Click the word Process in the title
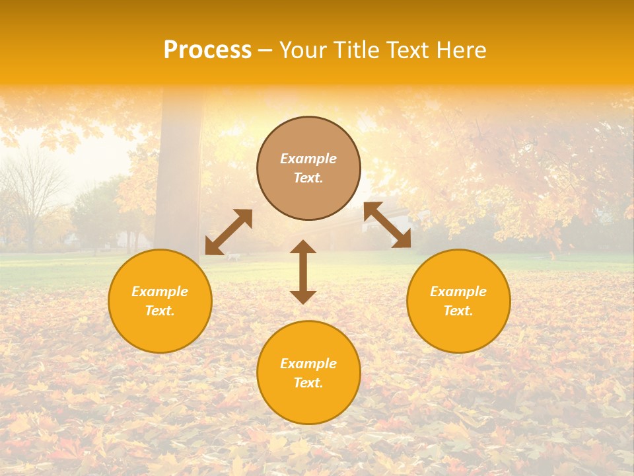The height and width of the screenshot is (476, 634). click(x=207, y=50)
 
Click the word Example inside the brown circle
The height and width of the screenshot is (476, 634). click(x=308, y=159)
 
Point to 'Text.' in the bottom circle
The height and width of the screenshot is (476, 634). click(x=308, y=383)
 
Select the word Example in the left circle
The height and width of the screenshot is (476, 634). click(x=160, y=292)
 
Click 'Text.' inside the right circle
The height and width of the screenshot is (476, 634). click(x=458, y=311)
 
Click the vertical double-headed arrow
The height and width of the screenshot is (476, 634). click(x=303, y=272)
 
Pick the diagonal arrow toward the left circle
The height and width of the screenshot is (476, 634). click(x=229, y=232)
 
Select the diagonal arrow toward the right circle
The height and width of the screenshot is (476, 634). click(x=387, y=225)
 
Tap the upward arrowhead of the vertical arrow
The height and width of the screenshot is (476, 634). click(x=303, y=247)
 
